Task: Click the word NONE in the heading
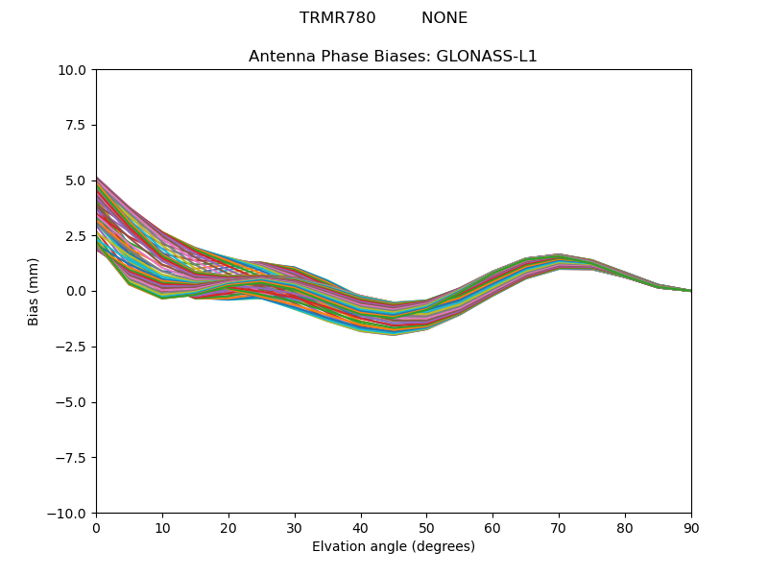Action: pos(444,18)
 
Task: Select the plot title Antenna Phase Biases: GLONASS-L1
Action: pos(393,57)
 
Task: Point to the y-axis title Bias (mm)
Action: pos(34,291)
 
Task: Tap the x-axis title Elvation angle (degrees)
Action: pos(393,547)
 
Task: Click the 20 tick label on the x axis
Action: pos(228,528)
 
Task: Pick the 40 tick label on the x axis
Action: pos(361,528)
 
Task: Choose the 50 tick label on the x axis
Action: pos(426,528)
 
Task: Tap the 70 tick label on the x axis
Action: pos(559,528)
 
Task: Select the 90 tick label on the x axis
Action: pos(691,528)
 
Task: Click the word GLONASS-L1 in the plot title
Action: pos(487,57)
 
